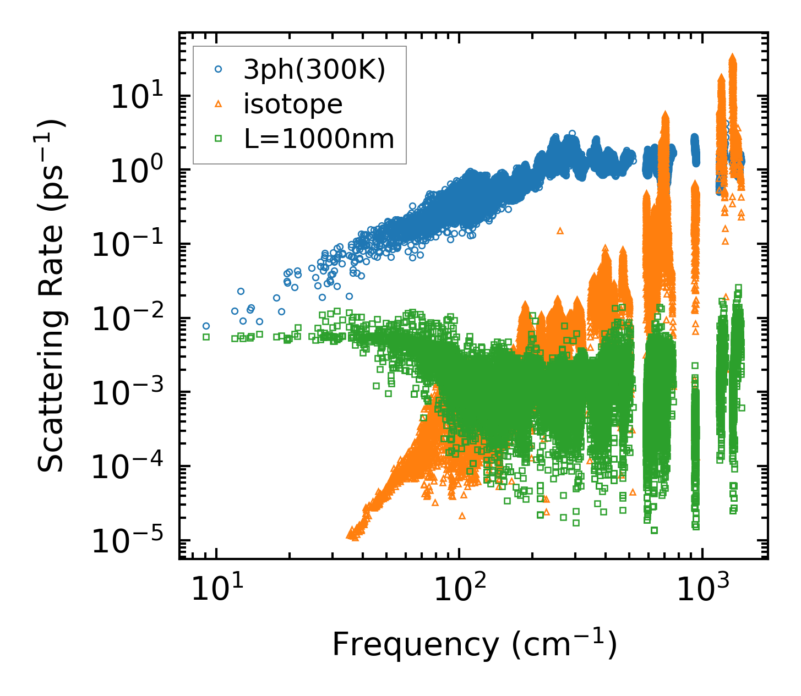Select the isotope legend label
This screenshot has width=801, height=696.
pos(293,104)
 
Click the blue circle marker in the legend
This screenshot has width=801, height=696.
pos(219,69)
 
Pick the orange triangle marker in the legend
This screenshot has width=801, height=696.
pos(219,104)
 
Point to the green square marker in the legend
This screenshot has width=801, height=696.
pos(219,139)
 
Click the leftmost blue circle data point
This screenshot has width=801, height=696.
pos(206,326)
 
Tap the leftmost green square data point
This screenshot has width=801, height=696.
pos(206,337)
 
